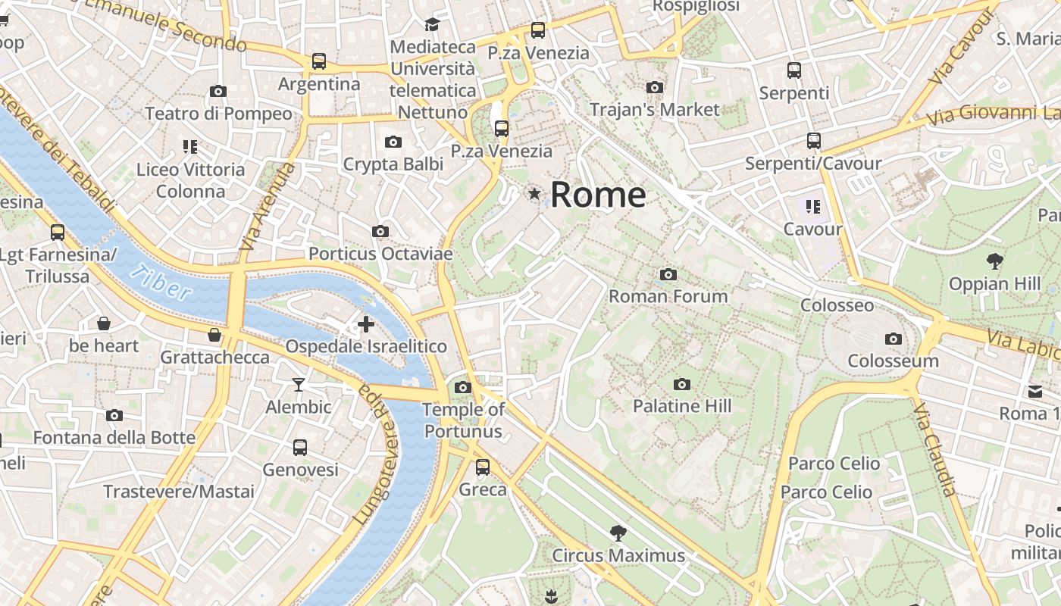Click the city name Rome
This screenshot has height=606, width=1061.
click(598, 195)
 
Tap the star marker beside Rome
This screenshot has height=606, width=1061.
click(535, 194)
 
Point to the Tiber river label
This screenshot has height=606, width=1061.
click(161, 281)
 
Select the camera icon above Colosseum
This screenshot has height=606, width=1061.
click(894, 339)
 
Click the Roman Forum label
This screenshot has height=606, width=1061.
click(668, 296)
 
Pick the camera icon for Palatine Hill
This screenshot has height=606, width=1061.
click(682, 384)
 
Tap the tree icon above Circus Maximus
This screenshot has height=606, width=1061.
click(618, 533)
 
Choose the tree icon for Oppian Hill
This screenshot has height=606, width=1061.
click(995, 261)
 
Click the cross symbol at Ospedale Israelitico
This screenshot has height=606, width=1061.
click(366, 324)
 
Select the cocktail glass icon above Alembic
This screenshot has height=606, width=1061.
click(299, 385)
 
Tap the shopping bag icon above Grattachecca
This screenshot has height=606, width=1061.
click(214, 335)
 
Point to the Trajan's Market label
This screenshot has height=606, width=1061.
click(655, 110)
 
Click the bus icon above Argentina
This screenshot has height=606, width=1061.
click(319, 61)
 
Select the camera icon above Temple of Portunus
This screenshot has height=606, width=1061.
click(462, 388)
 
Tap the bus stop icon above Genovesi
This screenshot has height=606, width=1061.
click(300, 447)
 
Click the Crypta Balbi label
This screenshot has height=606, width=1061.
click(393, 164)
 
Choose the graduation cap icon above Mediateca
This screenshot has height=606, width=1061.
click(432, 25)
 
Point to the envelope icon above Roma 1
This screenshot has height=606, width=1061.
click(1035, 392)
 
